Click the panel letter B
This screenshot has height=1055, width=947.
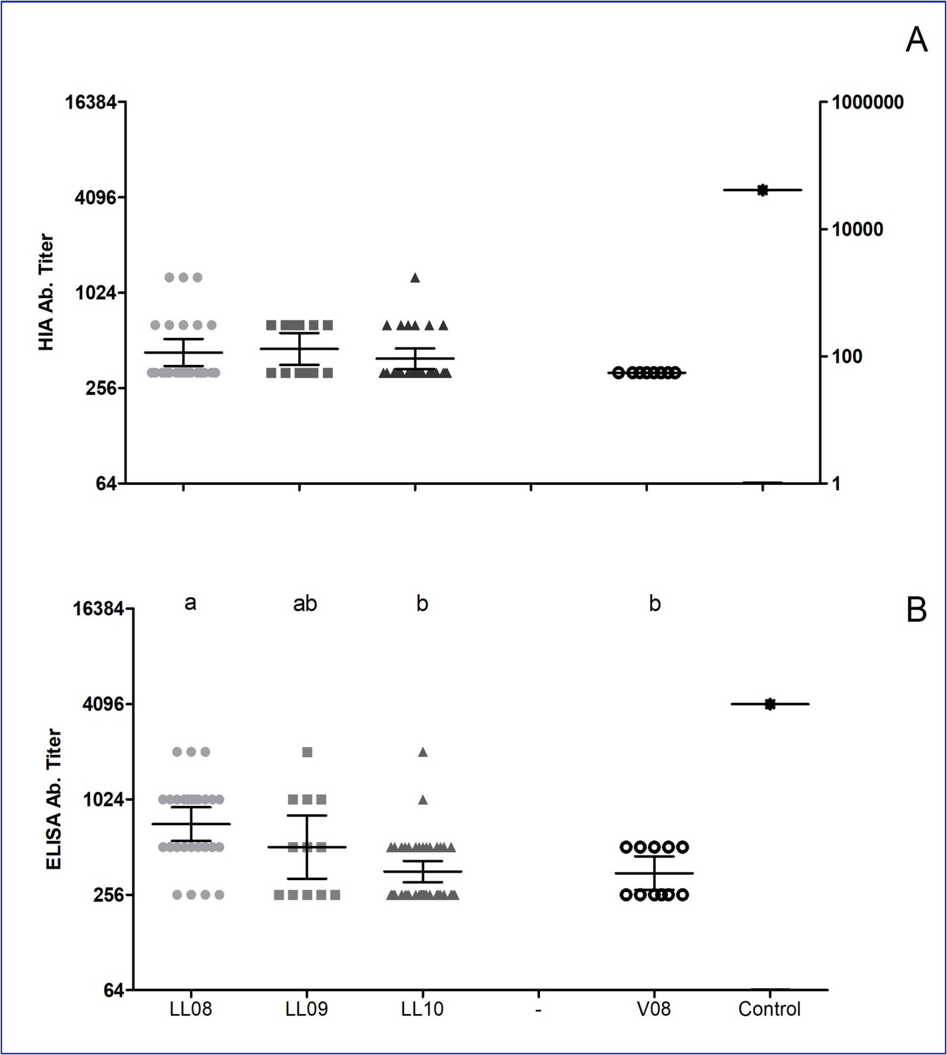[x=916, y=611]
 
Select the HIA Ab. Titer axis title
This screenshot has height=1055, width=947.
[x=46, y=291]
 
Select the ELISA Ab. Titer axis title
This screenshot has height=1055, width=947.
[x=54, y=799]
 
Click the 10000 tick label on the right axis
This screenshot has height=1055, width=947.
[x=858, y=229]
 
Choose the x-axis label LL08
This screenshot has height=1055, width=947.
[x=191, y=1009]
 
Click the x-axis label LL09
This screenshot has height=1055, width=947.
[x=306, y=1009]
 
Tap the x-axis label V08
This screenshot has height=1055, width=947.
[x=654, y=1009]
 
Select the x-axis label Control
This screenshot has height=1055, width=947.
[x=769, y=1009]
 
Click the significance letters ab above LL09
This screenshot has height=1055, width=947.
[x=305, y=603]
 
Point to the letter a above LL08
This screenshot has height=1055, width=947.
[x=190, y=603]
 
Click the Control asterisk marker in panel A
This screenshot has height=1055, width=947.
[x=763, y=190]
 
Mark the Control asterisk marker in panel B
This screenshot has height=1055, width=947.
[x=769, y=704]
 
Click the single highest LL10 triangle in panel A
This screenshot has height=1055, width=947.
[x=415, y=277]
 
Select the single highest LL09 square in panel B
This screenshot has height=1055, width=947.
[x=307, y=752]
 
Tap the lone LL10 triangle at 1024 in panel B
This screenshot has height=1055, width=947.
[x=423, y=799]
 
